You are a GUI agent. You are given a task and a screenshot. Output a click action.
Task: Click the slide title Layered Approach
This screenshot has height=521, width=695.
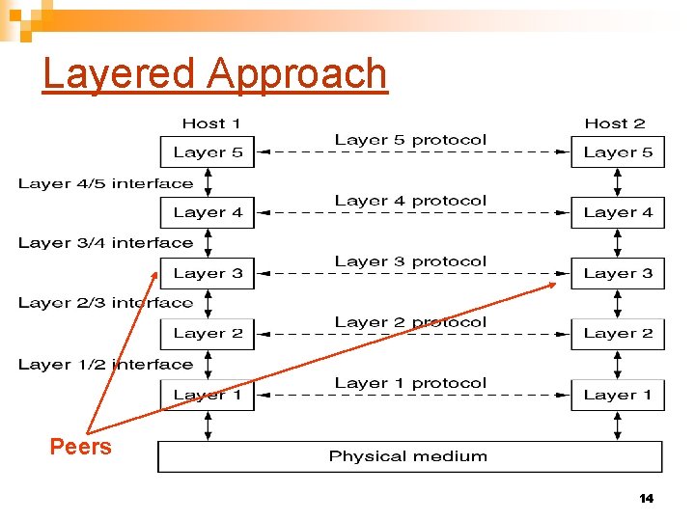point(214,73)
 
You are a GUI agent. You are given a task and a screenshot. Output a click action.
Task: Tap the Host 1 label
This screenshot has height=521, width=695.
point(211,123)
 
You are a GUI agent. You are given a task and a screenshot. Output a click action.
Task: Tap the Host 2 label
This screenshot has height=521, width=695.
point(615,123)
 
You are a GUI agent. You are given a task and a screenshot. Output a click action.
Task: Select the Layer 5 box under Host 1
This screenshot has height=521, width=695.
point(208,152)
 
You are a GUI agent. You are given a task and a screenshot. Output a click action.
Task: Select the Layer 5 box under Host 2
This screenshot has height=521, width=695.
point(618,152)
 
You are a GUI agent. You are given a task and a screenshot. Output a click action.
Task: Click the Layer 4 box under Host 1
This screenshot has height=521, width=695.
point(208,212)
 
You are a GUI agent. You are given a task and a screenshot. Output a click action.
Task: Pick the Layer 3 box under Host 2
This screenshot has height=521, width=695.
point(618,273)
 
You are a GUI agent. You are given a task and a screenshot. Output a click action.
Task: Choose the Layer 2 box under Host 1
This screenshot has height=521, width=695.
point(208,334)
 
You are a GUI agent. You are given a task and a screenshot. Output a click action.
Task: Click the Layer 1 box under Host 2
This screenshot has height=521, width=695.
point(618,395)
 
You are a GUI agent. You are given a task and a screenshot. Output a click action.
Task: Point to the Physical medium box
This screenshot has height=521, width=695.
point(409,456)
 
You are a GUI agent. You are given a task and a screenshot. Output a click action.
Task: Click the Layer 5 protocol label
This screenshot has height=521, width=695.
point(410,140)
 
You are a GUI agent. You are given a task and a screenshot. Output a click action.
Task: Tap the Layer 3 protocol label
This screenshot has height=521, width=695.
point(410,261)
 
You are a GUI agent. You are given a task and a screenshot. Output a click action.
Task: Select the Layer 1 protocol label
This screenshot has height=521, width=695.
point(410,383)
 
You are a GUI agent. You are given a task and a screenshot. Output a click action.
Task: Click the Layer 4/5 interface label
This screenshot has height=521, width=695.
point(105,183)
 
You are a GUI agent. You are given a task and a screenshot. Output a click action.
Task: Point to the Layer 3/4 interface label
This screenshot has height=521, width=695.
point(105,243)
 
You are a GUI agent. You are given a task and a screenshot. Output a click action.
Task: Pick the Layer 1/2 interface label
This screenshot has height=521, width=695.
point(105,365)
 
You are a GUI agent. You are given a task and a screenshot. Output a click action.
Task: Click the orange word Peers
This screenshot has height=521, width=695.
point(81,447)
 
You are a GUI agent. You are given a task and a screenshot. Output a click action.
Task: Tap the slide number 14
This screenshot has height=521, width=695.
point(646,499)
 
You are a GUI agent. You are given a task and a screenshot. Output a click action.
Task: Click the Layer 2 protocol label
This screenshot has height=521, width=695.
point(410,322)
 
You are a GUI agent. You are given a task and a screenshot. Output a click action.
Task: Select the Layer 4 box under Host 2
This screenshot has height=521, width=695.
point(618,212)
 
